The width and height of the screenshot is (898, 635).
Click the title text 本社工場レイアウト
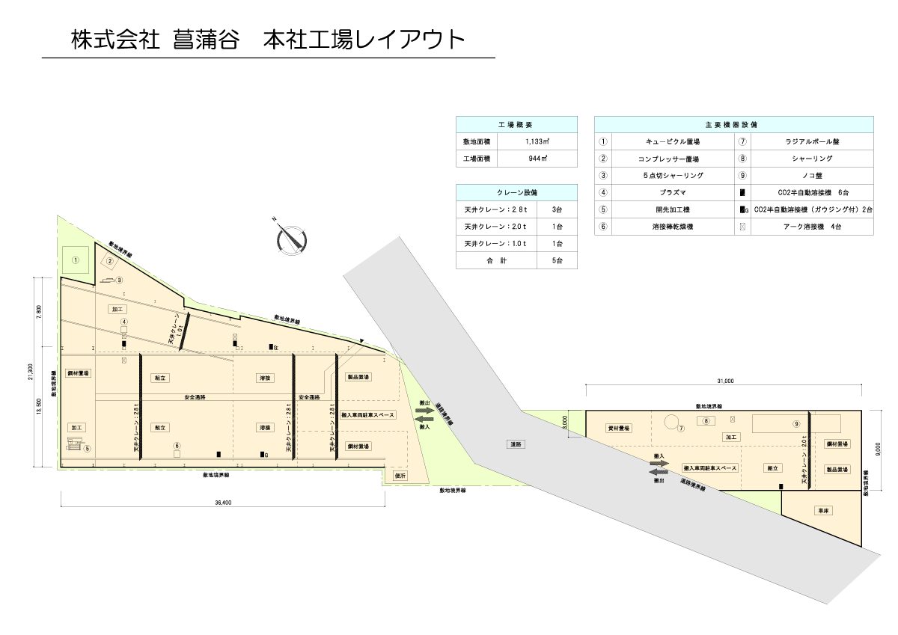pos(364,39)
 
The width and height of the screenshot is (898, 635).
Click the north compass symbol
pos(290,236)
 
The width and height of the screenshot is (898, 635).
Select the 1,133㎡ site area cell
pos(537,141)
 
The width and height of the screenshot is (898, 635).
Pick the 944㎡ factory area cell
pos(537,159)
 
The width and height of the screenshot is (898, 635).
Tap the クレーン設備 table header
pos(516,192)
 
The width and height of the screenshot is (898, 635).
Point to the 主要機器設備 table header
pos(733,124)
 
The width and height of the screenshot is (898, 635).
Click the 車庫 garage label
pos(823,511)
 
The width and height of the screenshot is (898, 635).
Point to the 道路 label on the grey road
pos(516,444)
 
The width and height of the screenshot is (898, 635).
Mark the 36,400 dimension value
pos(222,502)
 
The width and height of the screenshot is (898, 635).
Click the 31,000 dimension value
pos(724,381)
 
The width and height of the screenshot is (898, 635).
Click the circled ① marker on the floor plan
pos(76,260)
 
